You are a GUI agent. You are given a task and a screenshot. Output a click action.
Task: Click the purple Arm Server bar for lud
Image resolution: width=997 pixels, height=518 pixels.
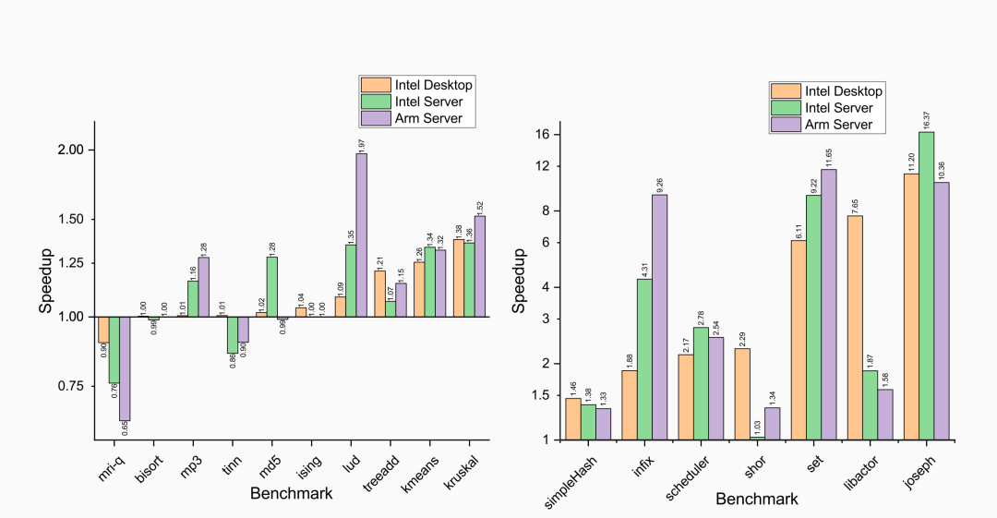pos(361,235)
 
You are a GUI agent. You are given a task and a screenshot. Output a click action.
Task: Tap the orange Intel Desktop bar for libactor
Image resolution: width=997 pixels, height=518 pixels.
pos(856,327)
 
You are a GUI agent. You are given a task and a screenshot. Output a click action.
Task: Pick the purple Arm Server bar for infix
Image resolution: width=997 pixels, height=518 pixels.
pos(659,317)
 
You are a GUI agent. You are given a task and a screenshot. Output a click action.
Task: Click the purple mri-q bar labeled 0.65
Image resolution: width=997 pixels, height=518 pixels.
pos(125,368)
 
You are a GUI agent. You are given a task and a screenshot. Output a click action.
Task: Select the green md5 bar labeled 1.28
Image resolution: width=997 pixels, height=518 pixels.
pos(271,286)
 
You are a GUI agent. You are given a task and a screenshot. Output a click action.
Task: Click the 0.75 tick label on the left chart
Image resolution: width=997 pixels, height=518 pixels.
pos(71,386)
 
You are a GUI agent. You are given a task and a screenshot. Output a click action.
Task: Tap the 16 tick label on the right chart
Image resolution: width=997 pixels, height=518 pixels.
pos(543,135)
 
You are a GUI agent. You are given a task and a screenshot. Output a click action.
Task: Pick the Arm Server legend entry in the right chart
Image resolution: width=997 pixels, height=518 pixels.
pos(831,125)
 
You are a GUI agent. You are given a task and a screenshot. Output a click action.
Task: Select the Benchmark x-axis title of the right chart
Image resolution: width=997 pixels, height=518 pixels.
pos(757,500)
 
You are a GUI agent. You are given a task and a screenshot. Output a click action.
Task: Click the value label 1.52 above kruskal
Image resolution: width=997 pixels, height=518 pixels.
pos(479,206)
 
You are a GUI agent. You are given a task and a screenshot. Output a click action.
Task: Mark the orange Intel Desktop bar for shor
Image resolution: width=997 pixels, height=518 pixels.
pos(742,393)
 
